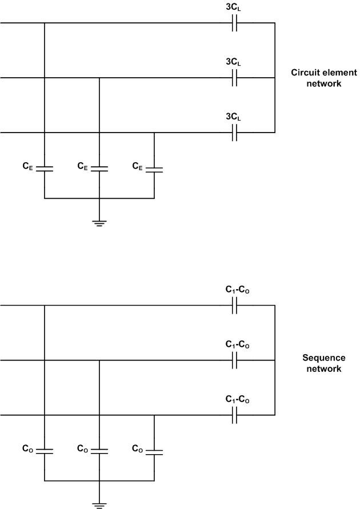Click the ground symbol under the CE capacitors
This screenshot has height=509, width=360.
tap(99, 222)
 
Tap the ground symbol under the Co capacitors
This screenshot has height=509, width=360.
tap(99, 504)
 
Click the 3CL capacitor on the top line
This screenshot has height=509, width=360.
tap(234, 23)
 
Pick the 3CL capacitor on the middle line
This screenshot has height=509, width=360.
tap(234, 78)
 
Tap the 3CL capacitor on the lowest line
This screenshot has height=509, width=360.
tap(234, 133)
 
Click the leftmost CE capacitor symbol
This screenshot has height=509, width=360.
tap(45, 169)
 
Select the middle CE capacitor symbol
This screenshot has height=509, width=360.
tap(99, 169)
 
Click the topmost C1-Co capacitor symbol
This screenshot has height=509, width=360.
tap(234, 306)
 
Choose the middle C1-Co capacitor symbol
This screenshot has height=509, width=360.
tap(234, 360)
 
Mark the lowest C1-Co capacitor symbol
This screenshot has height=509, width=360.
tap(234, 415)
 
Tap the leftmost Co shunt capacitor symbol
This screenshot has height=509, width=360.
tap(45, 451)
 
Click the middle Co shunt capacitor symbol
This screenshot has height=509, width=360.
tap(99, 451)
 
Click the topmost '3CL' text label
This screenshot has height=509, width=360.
tap(233, 8)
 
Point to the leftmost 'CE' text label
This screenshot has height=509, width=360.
tap(27, 166)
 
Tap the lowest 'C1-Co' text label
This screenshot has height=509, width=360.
tap(237, 400)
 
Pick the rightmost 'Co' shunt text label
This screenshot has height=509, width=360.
tap(137, 449)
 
